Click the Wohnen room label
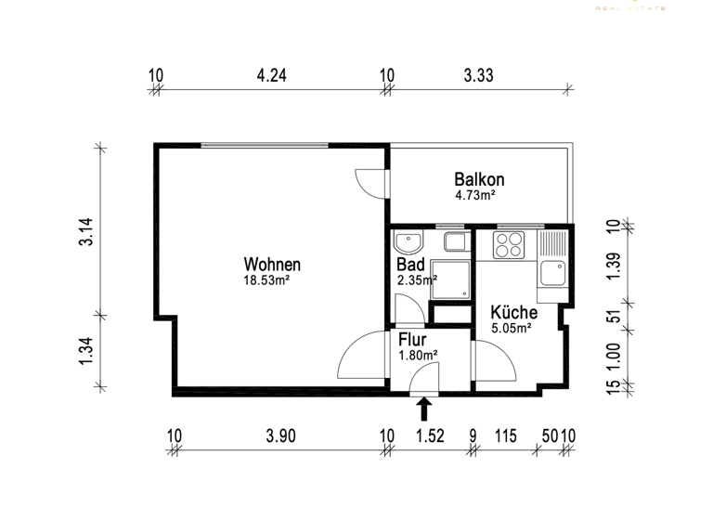pyautogui.click(x=272, y=264)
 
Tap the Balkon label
pyautogui.click(x=479, y=179)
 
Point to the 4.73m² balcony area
pyautogui.click(x=474, y=195)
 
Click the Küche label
pyautogui.click(x=513, y=312)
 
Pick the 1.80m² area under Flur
pyautogui.click(x=418, y=355)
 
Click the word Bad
pyautogui.click(x=410, y=265)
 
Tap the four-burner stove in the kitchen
pyautogui.click(x=508, y=245)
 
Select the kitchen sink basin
pyautogui.click(x=551, y=273)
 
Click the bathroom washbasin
pyautogui.click(x=408, y=243)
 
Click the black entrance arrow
pyautogui.click(x=425, y=409)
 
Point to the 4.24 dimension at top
pyautogui.click(x=271, y=76)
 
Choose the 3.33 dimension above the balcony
pyautogui.click(x=478, y=76)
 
